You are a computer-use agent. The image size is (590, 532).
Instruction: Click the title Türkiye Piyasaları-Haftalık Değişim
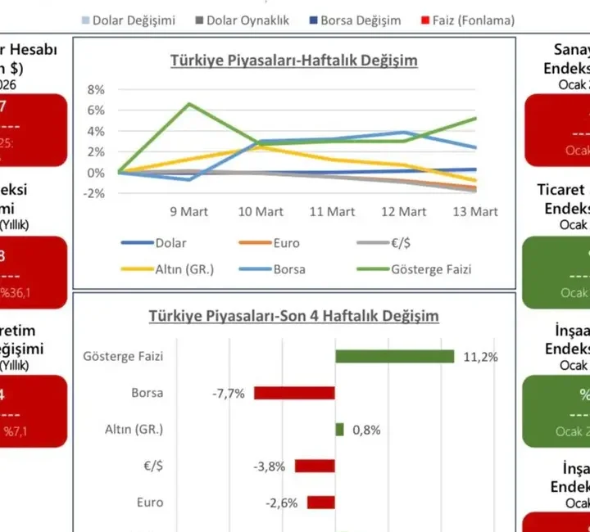(x=293, y=61)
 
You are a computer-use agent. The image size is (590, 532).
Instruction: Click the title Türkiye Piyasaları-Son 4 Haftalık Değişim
(x=293, y=315)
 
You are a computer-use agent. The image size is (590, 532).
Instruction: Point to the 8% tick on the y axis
(x=96, y=89)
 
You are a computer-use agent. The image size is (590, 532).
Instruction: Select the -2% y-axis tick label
(x=94, y=194)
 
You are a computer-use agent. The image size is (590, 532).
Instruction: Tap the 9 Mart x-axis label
(x=189, y=212)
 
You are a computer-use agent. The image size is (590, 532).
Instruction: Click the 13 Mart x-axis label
(x=476, y=212)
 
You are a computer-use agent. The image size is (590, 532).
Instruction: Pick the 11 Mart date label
(x=332, y=212)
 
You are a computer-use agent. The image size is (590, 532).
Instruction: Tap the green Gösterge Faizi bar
(x=394, y=356)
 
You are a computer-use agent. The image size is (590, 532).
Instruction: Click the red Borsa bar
(x=294, y=393)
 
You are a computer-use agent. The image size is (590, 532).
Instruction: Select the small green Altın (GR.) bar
(x=339, y=430)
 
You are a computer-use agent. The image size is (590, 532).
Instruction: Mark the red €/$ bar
(x=315, y=467)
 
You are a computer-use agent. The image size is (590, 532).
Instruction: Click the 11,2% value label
(x=480, y=357)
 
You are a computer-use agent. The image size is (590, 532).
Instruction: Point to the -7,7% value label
(x=229, y=394)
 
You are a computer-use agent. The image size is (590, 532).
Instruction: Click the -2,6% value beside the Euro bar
(x=280, y=503)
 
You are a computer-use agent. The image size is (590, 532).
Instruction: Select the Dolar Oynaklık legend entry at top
(x=243, y=20)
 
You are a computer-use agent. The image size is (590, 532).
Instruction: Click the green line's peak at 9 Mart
(x=189, y=104)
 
